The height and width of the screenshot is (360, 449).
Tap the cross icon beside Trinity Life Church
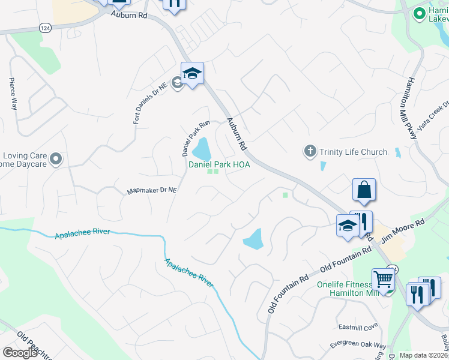pyautogui.click(x=310, y=151)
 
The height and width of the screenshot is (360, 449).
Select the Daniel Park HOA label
pyautogui.click(x=219, y=164)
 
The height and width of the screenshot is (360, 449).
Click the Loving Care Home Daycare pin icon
pyautogui.click(x=56, y=159)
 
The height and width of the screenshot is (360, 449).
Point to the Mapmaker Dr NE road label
pyautogui.click(x=152, y=191)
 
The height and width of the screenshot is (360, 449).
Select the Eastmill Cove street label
pyautogui.click(x=357, y=327)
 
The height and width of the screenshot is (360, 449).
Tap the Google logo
pyautogui.click(x=20, y=353)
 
